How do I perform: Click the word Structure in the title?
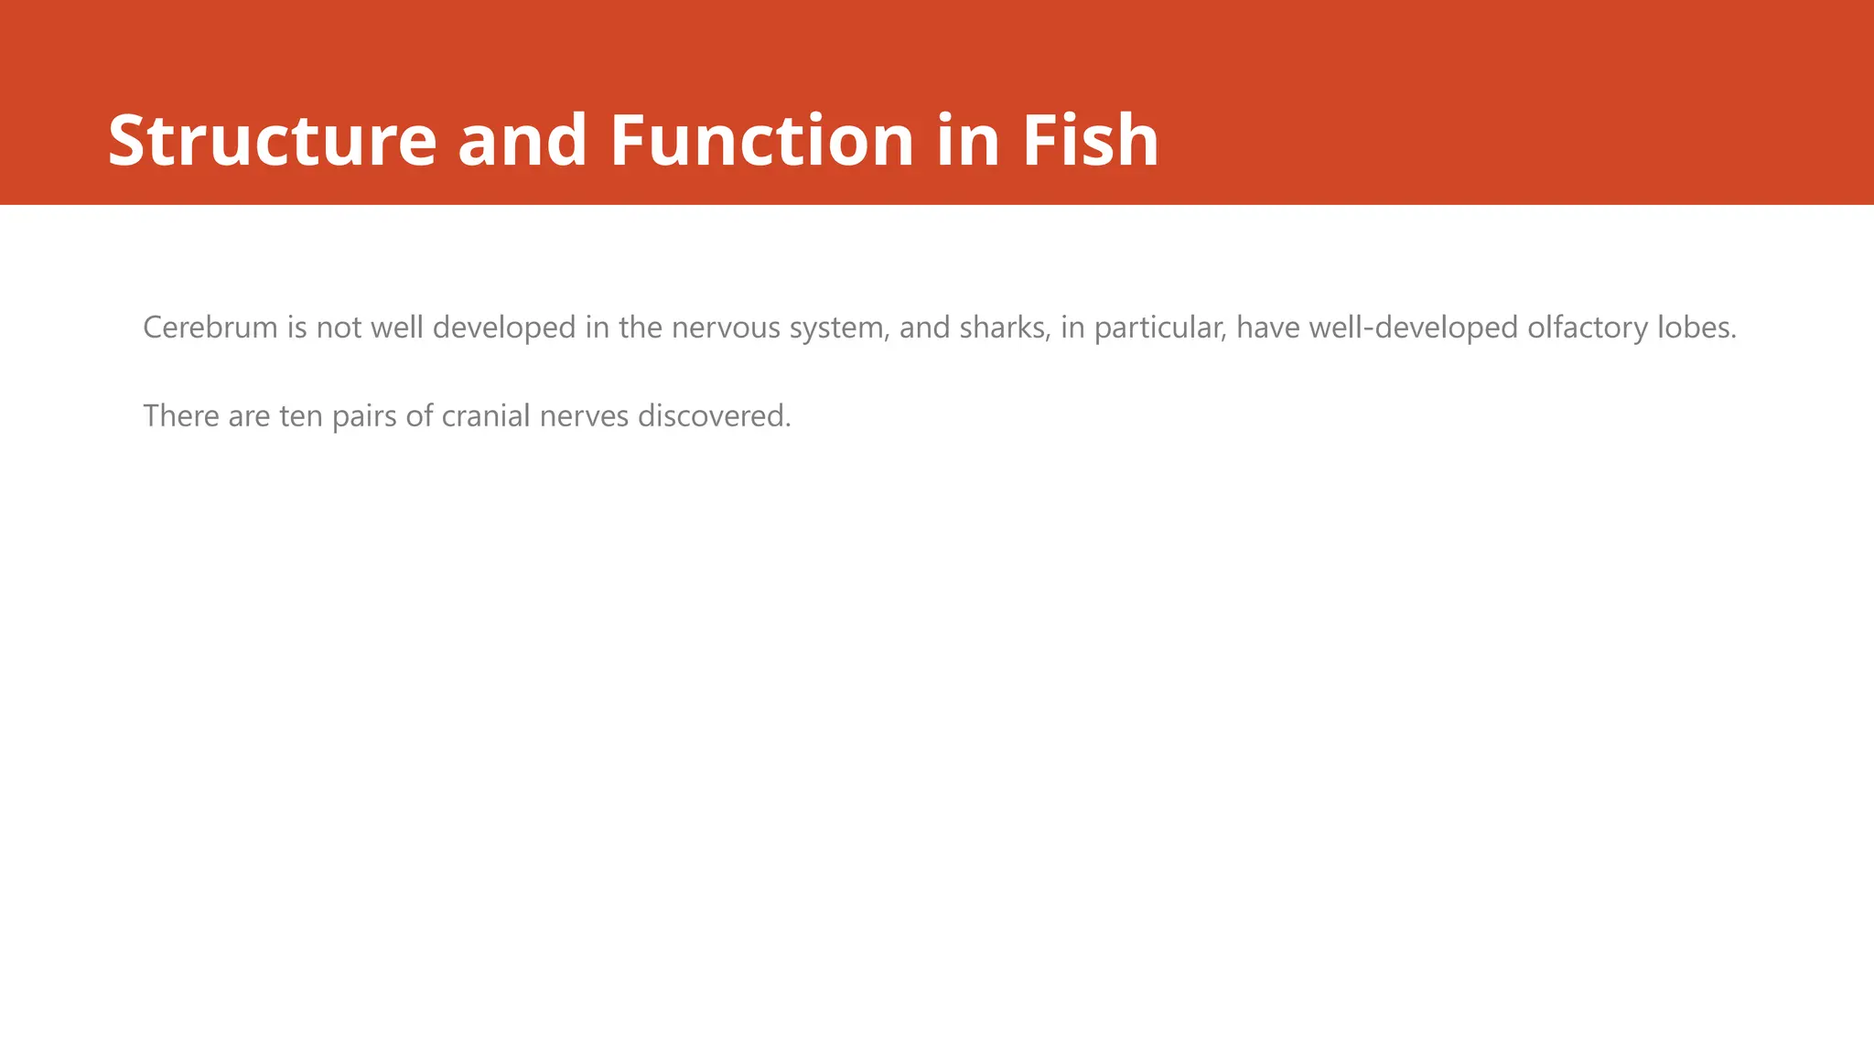point(273,141)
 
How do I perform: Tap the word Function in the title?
point(761,141)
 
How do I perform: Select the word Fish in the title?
point(1090,141)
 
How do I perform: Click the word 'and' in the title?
point(522,141)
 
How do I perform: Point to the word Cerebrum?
point(210,328)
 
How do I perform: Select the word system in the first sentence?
point(839,328)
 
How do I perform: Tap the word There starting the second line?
point(181,416)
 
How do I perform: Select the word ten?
point(301,416)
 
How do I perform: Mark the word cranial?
point(486,416)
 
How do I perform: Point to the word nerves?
point(584,416)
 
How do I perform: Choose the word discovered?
point(714,416)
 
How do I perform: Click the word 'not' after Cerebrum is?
point(339,328)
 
